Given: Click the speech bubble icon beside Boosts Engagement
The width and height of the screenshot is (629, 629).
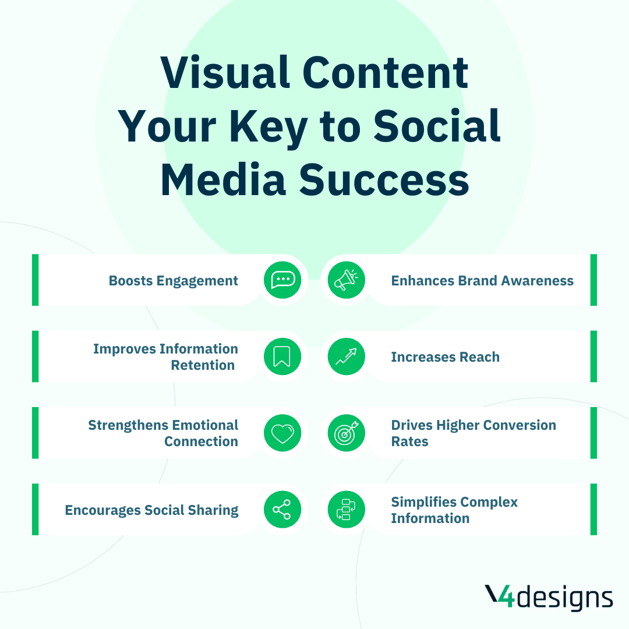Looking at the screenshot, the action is tap(282, 280).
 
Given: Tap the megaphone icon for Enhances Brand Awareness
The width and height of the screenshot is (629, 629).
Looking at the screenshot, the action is tap(346, 280).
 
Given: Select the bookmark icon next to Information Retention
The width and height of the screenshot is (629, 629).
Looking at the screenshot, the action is tap(282, 356).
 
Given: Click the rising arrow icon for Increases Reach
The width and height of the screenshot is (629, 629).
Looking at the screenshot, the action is tap(346, 356).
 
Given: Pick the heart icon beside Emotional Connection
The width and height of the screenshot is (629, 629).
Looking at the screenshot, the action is tap(282, 433).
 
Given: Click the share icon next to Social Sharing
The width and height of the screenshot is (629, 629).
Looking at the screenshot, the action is tap(282, 510).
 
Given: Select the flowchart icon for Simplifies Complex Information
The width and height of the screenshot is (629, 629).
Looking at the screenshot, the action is tap(346, 510).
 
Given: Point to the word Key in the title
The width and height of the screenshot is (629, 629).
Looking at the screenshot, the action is tap(268, 128).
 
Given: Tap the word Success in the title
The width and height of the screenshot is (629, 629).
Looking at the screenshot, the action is tap(384, 180).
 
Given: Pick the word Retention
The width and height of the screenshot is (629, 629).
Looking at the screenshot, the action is tap(203, 365).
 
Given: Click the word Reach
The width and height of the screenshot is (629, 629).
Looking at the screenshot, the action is tap(479, 357).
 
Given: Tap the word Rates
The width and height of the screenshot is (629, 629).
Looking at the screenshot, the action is tap(409, 441).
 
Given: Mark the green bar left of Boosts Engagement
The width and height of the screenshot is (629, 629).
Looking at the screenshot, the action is tap(36, 280).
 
